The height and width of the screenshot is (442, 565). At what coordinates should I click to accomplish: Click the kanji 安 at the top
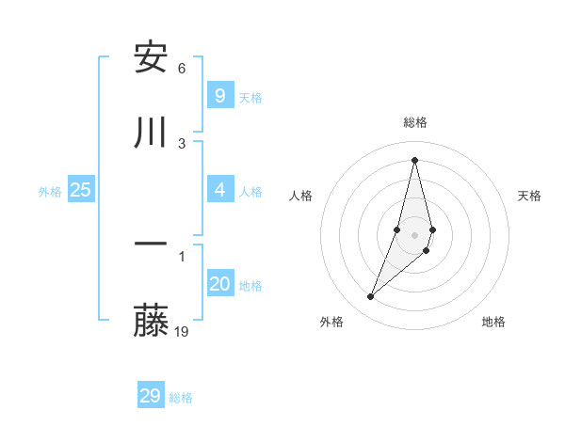tap(151, 57)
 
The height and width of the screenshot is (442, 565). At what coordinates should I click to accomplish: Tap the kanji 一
tap(151, 246)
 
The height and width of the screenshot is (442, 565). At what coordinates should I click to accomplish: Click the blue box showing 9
tap(219, 96)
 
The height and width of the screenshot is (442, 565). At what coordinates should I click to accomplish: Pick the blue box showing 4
tap(219, 190)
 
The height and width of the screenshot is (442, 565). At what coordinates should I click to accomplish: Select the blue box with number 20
tap(219, 284)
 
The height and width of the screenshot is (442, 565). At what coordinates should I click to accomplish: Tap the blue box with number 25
tap(80, 190)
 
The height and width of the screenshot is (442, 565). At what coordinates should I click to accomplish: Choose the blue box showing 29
tap(150, 396)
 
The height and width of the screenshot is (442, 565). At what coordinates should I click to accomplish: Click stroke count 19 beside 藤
tap(182, 331)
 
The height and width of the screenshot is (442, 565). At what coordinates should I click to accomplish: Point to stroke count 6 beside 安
tap(182, 68)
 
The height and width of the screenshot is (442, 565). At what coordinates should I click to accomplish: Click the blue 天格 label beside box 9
tap(250, 98)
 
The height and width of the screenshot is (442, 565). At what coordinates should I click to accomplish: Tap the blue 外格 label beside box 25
tap(50, 192)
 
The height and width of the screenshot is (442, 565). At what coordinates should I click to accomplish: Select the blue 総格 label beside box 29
tap(181, 398)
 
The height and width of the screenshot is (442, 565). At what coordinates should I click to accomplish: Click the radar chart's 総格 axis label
tap(415, 122)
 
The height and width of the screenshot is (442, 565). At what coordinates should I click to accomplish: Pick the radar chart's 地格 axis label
tap(493, 322)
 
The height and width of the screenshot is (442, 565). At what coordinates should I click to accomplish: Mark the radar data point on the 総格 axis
tap(414, 159)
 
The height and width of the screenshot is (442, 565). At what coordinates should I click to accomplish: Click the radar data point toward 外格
tap(370, 297)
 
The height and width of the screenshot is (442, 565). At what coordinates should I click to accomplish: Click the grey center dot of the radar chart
tap(414, 234)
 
